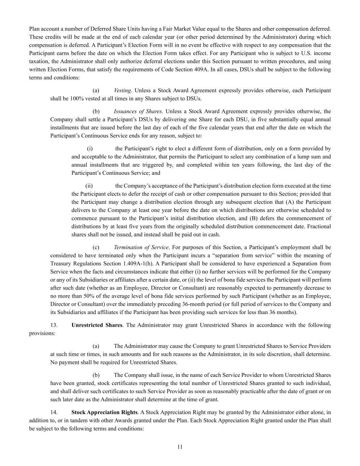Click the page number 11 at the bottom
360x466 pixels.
point(180,447)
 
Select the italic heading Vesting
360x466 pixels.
point(123,90)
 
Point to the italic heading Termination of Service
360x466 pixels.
point(141,247)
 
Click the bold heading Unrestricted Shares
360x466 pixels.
point(97,325)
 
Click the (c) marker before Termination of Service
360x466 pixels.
point(96,247)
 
